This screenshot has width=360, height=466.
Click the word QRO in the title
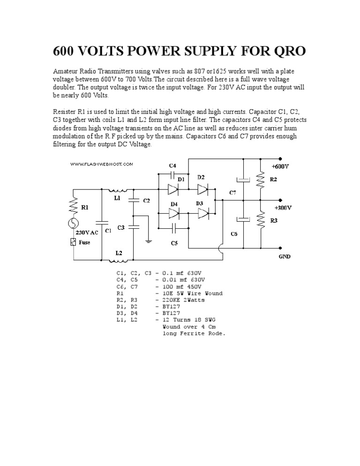tap(283, 51)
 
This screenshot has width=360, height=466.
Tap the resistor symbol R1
tap(74, 204)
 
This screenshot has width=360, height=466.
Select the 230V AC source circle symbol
tap(74, 224)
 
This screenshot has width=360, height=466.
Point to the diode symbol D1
tap(173, 189)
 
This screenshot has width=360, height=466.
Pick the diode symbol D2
tap(202, 189)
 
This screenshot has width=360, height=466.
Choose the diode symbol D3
tap(202, 213)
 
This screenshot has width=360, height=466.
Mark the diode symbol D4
tap(173, 213)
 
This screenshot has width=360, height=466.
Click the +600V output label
tap(281, 166)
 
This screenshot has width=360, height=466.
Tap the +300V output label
tap(282, 207)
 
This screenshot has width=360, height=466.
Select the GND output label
tap(285, 257)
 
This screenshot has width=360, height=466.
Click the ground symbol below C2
tap(149, 241)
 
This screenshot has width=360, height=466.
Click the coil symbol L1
tap(117, 190)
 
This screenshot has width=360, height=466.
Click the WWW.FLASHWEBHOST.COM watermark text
tap(102, 164)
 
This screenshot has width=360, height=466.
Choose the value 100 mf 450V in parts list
tap(182, 286)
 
